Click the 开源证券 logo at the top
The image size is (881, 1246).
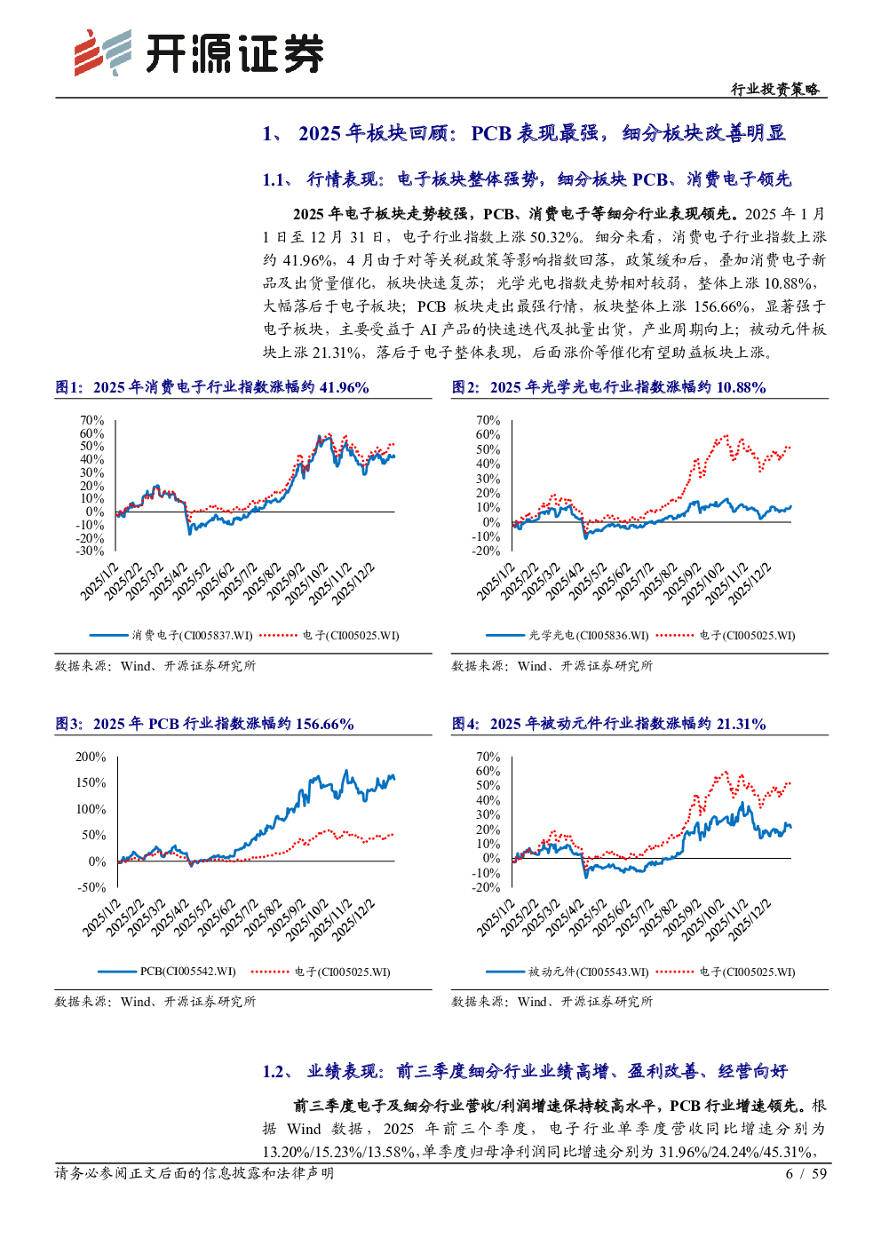tap(198, 53)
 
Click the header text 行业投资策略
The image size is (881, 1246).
tap(775, 89)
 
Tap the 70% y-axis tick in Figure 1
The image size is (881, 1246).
tap(91, 420)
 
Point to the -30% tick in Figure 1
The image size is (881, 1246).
tap(90, 551)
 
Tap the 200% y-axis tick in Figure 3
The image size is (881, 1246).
tap(91, 757)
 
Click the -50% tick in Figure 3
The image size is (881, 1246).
tap(91, 887)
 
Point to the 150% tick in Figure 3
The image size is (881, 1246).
tap(91, 782)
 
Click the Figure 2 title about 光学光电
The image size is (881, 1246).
tap(608, 387)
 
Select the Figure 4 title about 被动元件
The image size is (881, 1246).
tap(608, 724)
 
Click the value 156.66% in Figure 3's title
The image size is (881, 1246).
tap(324, 724)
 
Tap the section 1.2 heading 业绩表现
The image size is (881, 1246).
tap(524, 1071)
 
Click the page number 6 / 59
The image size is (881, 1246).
tap(806, 1173)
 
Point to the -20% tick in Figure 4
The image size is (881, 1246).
tap(486, 887)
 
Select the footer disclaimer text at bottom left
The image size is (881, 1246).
tap(194, 1173)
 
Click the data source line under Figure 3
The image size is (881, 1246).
tap(155, 1001)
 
